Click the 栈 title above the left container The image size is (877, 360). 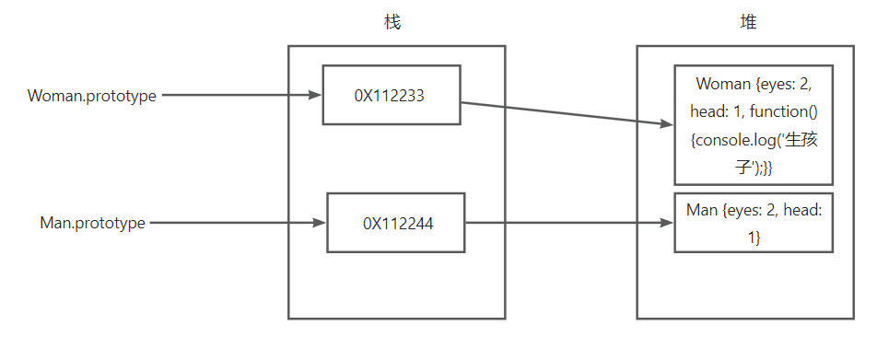tap(392, 22)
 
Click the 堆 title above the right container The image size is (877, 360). tap(748, 22)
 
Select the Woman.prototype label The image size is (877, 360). tap(92, 96)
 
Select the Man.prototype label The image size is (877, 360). tap(92, 223)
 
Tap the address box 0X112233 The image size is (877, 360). tap(392, 95)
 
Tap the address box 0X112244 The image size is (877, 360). tap(396, 223)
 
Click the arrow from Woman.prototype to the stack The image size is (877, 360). tap(241, 95)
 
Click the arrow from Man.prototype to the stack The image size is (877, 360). tap(239, 223)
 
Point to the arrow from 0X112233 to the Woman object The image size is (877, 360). tap(567, 113)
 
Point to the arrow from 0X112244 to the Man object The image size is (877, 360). tap(569, 223)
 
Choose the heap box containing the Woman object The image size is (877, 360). tap(754, 124)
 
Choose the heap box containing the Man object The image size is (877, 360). tap(754, 223)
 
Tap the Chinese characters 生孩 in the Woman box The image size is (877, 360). tap(802, 140)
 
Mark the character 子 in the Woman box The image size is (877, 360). tap(743, 168)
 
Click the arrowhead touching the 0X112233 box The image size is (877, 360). tap(315, 95)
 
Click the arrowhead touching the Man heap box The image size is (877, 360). tap(667, 223)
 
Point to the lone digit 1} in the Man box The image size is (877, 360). tap(754, 238)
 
